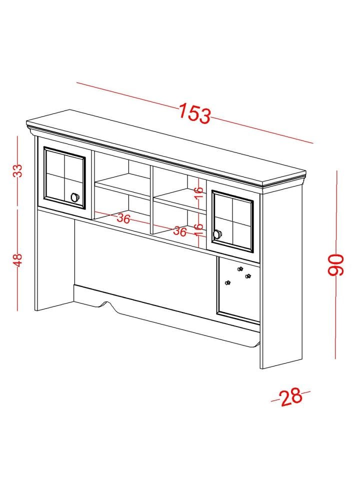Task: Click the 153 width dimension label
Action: tap(194, 113)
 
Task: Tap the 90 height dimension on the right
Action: tap(336, 265)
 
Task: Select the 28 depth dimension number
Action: tap(291, 397)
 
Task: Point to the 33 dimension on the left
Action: tap(18, 170)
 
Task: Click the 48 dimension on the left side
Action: tap(18, 260)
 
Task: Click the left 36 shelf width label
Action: tap(123, 218)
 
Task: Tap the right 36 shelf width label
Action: tap(179, 231)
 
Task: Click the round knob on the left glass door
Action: tap(74, 197)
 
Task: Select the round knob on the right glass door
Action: tap(216, 234)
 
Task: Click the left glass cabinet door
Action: tap(64, 177)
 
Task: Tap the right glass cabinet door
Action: tap(232, 220)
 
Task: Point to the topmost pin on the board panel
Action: tap(240, 269)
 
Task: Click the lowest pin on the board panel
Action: tap(227, 282)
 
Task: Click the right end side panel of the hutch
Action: tap(281, 278)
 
